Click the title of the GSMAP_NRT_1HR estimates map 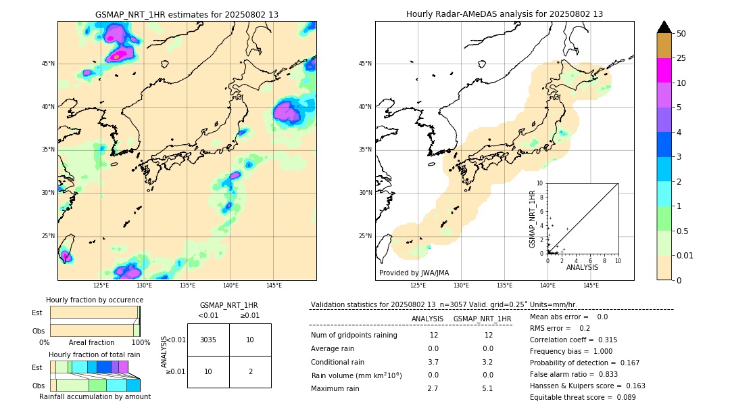(x=187, y=14)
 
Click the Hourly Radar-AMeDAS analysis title (x=504, y=14)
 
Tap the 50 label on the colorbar (x=681, y=34)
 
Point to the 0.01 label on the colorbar (x=685, y=255)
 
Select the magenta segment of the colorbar (x=664, y=70)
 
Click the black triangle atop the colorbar (x=664, y=27)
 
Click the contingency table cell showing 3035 (x=208, y=340)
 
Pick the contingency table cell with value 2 (x=250, y=371)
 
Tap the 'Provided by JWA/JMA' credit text (x=414, y=273)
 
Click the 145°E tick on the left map (x=274, y=285)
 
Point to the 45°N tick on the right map (x=365, y=64)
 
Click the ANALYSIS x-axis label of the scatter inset (x=582, y=267)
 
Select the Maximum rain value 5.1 (x=488, y=388)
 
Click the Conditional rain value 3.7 (x=433, y=362)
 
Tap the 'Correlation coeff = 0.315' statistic (x=573, y=340)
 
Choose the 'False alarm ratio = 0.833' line (x=574, y=374)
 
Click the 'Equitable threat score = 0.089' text (x=583, y=397)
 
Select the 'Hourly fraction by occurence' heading (x=95, y=300)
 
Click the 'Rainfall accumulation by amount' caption (x=95, y=396)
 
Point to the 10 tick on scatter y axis (x=539, y=183)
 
